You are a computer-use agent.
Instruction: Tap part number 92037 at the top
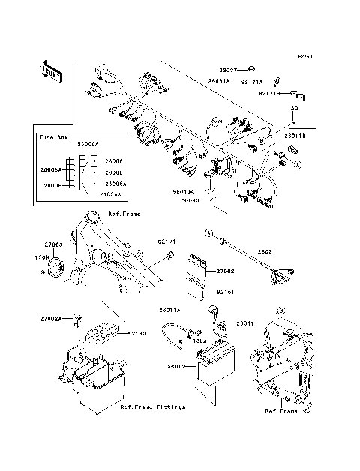228,70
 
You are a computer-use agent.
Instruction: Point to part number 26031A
219,79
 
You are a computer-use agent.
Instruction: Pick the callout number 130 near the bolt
295,108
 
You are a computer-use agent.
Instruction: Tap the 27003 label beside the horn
52,244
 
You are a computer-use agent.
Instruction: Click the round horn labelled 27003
54,268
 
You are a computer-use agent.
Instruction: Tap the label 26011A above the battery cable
170,309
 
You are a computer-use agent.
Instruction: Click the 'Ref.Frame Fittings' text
152,406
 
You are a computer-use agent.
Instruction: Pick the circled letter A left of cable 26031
211,233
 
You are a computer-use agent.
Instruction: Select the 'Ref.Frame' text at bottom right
280,411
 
